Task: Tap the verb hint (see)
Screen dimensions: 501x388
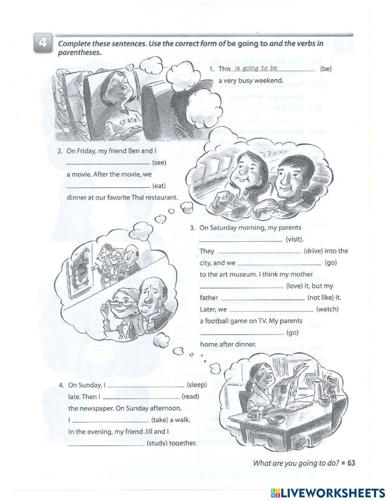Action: (x=159, y=163)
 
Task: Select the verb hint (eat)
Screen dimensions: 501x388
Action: (x=159, y=186)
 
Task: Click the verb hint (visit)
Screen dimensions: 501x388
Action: (x=294, y=239)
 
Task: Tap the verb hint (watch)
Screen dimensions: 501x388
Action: (x=327, y=309)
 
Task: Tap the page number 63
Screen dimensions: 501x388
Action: (x=351, y=463)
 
